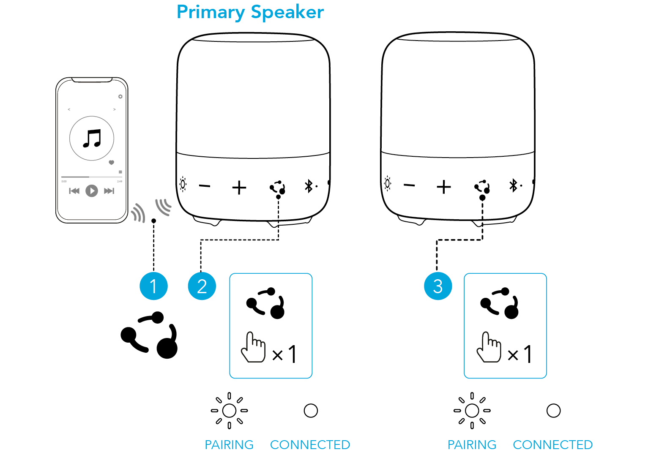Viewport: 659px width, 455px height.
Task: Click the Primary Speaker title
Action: tap(250, 12)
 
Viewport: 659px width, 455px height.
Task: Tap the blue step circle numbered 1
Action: tap(153, 286)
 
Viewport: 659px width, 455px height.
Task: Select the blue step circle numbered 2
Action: tap(202, 286)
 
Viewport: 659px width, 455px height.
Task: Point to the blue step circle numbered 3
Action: tap(438, 286)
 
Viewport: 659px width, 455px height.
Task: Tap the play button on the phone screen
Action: tap(92, 191)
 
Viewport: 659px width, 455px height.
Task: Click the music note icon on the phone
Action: tap(92, 138)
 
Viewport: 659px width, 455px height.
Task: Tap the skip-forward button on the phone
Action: tap(109, 191)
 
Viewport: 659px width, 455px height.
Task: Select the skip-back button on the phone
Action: tap(74, 191)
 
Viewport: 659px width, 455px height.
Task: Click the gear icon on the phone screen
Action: tap(120, 96)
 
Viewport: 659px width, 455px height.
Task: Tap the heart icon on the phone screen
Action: tap(111, 162)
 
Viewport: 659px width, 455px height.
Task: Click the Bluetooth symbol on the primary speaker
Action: tap(309, 186)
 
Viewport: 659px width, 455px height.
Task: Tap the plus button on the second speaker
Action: tap(444, 187)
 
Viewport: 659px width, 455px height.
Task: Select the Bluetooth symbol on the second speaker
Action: tap(513, 185)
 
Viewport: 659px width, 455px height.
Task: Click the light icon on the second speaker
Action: tap(388, 183)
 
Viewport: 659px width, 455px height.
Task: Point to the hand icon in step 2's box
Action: tap(253, 347)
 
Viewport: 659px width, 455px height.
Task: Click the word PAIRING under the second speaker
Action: tap(472, 445)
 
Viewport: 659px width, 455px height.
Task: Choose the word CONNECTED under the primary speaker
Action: tap(310, 445)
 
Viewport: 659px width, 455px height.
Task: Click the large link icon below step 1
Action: tap(149, 335)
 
